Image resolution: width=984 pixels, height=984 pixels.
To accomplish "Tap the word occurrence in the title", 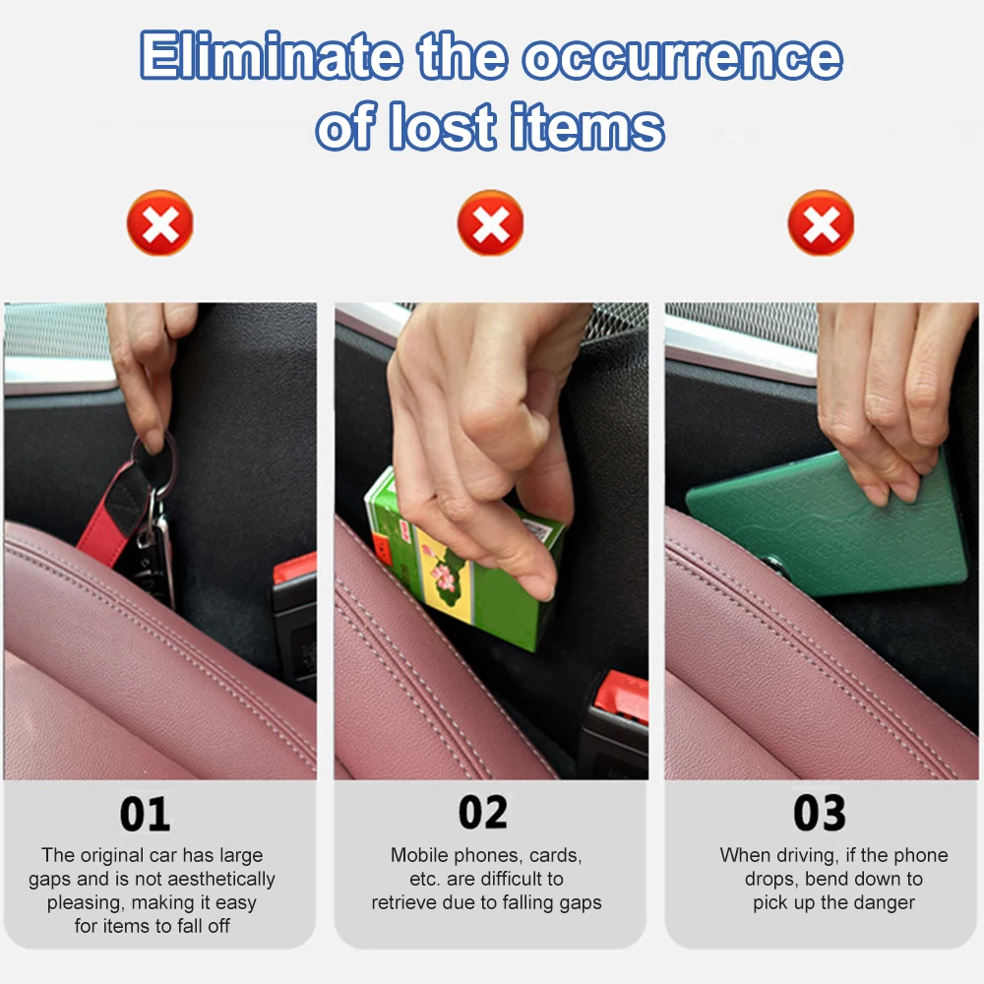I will coord(682,58).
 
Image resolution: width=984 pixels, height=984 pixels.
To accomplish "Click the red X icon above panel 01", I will coord(159,223).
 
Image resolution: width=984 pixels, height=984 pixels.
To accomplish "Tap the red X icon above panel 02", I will coord(490,223).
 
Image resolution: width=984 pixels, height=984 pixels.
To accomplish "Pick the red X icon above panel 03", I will coord(821,223).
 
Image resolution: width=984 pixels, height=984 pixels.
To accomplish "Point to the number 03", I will coord(820,814).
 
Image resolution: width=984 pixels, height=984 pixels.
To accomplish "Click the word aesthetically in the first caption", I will coord(215,879).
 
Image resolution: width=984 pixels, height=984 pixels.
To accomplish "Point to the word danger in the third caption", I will coord(883,902).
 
